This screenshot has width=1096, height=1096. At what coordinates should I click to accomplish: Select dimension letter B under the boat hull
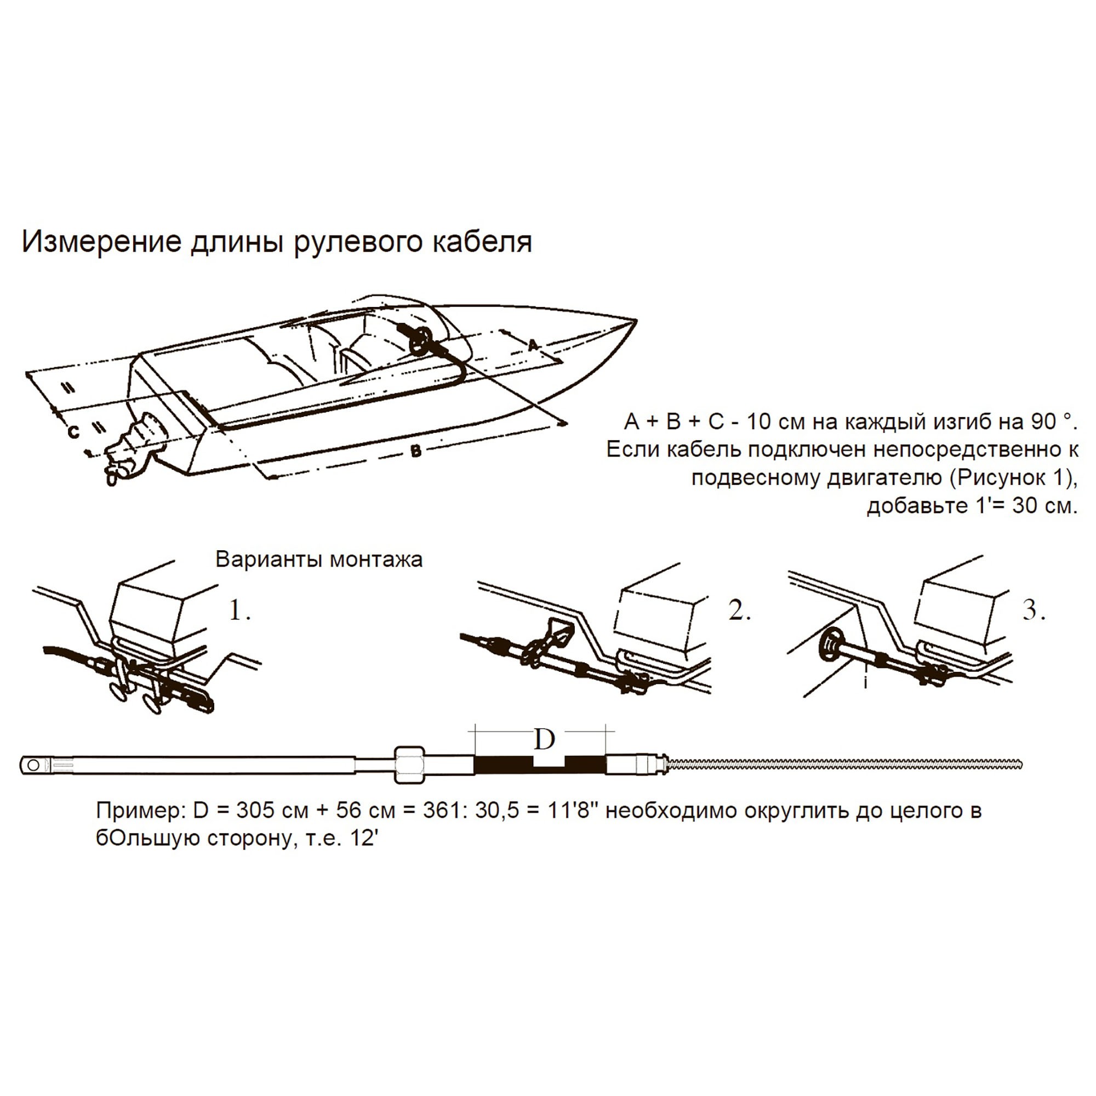(x=416, y=451)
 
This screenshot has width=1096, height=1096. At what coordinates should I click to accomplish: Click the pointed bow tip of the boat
(x=634, y=322)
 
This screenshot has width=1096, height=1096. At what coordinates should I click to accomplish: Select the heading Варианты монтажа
(x=319, y=560)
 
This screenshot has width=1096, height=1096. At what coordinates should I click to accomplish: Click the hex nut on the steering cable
(x=408, y=765)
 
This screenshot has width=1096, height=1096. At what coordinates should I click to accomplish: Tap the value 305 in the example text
(x=254, y=810)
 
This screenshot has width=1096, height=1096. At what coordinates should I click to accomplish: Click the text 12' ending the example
(x=364, y=838)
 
